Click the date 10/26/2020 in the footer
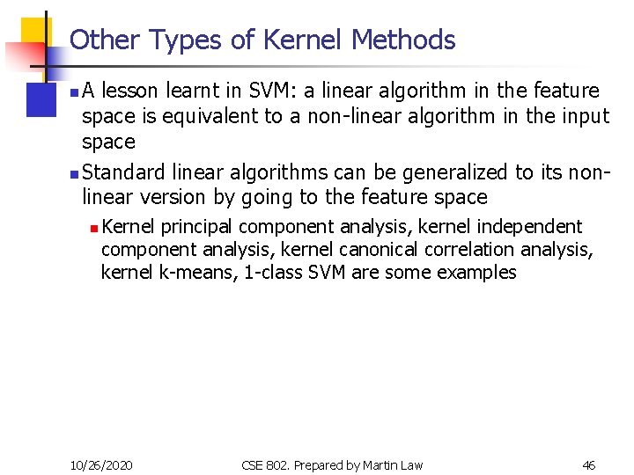point(102,464)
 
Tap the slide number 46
point(589,464)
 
